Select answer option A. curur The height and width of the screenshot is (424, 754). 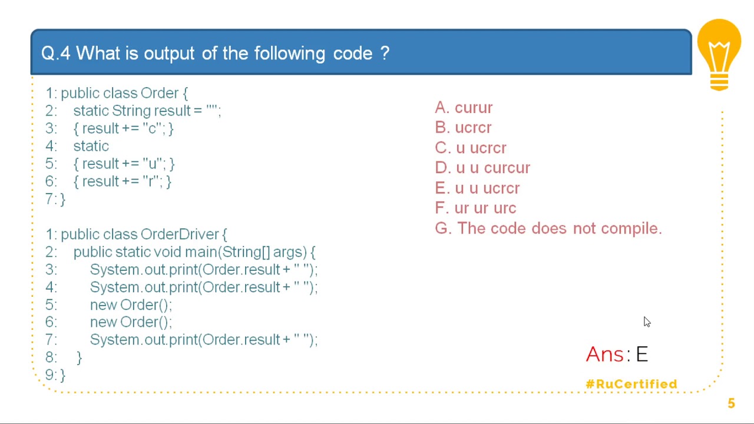coord(464,108)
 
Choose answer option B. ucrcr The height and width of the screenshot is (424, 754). coord(463,128)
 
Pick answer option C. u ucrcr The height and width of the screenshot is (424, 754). coord(471,148)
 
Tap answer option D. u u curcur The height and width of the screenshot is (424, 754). coord(482,168)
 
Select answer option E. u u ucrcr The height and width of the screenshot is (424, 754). coord(477,188)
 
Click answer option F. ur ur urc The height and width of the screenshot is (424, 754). coord(475,208)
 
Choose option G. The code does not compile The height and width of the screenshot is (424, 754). coord(548,228)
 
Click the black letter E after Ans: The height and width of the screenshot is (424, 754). coord(641,354)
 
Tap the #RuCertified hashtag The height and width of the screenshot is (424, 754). coord(631,384)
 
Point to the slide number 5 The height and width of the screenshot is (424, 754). coord(731,403)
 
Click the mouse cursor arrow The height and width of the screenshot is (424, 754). coord(647,322)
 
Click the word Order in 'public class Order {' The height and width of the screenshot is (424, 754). coord(160,93)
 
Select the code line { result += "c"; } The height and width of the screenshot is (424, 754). coord(123,128)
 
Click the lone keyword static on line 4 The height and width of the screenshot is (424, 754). coord(91,146)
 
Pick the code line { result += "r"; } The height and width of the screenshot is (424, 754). coord(122,181)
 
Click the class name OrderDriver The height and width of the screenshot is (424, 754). coord(180,234)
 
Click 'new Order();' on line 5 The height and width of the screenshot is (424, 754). coord(131,305)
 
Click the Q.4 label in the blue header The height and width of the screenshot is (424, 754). coord(56,53)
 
